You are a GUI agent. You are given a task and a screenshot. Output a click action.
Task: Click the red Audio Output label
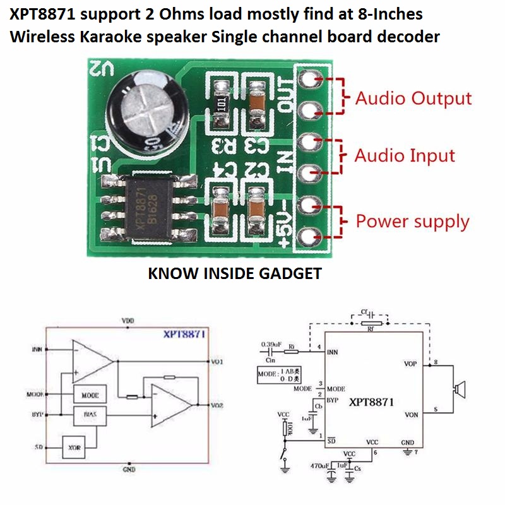[413, 98]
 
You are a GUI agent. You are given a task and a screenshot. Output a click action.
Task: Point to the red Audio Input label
[405, 155]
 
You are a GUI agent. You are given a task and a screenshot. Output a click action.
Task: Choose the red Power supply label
[413, 222]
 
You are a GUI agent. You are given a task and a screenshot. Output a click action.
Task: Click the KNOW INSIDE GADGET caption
[234, 273]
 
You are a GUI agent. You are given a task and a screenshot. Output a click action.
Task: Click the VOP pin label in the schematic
[410, 364]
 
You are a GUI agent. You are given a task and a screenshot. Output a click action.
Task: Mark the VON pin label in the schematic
[410, 415]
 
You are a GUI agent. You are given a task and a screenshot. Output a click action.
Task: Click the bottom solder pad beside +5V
[309, 237]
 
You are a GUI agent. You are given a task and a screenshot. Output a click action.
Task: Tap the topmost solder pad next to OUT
[309, 79]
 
